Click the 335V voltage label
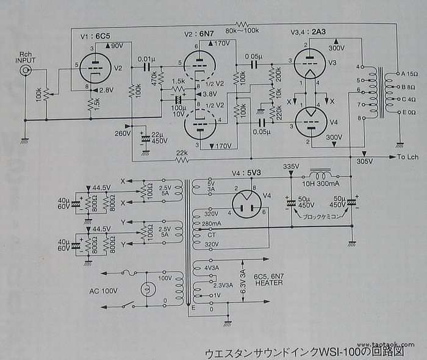(292, 166)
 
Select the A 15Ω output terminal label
(408, 74)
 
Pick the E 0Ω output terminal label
(407, 112)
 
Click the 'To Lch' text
(407, 157)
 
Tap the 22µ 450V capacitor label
(158, 137)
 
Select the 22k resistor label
(182, 153)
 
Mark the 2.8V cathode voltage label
(106, 90)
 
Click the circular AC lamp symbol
(146, 289)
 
